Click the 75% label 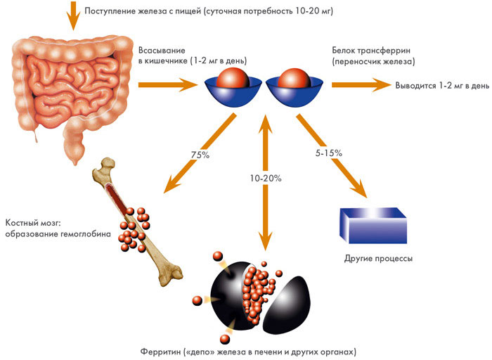(x=200, y=155)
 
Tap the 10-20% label (x=266, y=179)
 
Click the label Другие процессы (x=378, y=258)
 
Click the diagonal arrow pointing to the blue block (x=333, y=158)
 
